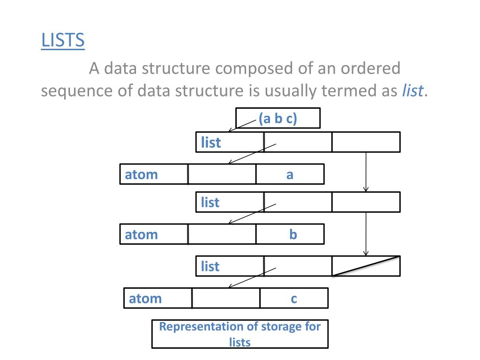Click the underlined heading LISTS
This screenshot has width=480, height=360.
pyautogui.click(x=63, y=40)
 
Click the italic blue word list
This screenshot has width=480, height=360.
pyautogui.click(x=412, y=90)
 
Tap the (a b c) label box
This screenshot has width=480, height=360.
pyautogui.click(x=277, y=119)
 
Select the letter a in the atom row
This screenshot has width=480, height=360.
pyautogui.click(x=290, y=175)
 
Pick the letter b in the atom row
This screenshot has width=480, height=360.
pyautogui.click(x=293, y=234)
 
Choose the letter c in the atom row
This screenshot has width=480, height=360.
pyautogui.click(x=294, y=299)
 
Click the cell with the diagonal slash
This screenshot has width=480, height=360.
pyautogui.click(x=366, y=266)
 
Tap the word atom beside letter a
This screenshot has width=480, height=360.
pyautogui.click(x=141, y=175)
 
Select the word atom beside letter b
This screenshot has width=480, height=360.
pyautogui.click(x=141, y=234)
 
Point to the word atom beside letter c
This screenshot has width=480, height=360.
pyautogui.click(x=145, y=299)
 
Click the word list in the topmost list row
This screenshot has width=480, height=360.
pyautogui.click(x=210, y=142)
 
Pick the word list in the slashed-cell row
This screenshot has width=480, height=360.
pyautogui.click(x=210, y=267)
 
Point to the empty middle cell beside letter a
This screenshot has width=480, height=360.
pyautogui.click(x=222, y=174)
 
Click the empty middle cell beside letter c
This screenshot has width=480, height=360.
pyautogui.click(x=226, y=298)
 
